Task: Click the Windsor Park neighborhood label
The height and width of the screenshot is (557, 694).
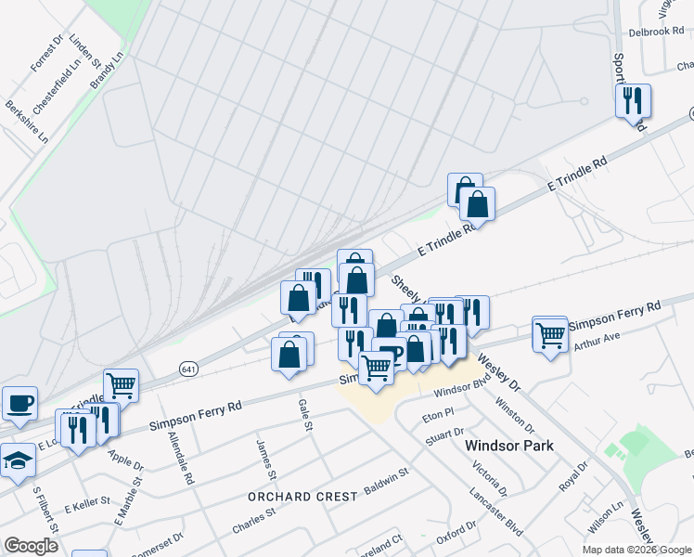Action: [x=508, y=446]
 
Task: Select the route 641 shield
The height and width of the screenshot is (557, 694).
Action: [x=189, y=369]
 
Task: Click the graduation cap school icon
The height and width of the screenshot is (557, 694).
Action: [x=18, y=460]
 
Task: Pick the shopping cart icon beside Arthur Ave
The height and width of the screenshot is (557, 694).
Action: [x=550, y=333]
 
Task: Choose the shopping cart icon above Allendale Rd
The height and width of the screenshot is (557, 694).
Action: [x=121, y=384]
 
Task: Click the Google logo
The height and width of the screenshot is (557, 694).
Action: [x=31, y=546]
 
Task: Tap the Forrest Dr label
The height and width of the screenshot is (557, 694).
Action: [x=45, y=55]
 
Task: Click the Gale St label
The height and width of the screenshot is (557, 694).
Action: [x=302, y=409]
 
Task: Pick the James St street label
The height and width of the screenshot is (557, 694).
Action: [x=266, y=459]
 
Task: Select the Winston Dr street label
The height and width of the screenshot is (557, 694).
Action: [x=515, y=414]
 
